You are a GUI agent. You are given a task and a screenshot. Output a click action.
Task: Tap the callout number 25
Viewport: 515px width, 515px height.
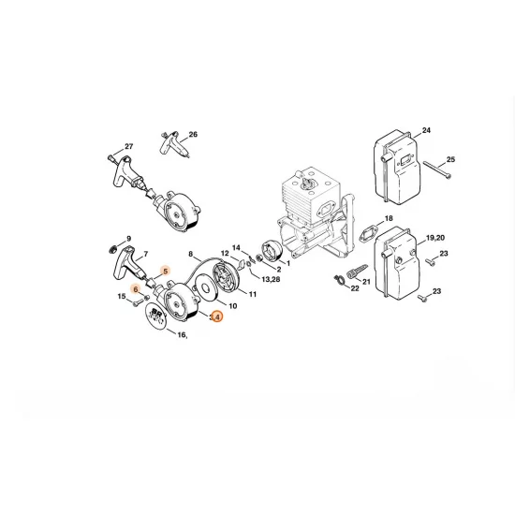point(449,160)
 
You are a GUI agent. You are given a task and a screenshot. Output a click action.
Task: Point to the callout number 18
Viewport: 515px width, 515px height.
point(389,217)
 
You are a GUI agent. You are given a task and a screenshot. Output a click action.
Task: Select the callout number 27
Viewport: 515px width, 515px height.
point(129,146)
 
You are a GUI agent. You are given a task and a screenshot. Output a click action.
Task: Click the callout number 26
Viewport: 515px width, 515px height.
point(193,134)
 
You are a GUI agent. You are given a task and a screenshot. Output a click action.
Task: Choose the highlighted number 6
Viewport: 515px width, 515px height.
point(136,289)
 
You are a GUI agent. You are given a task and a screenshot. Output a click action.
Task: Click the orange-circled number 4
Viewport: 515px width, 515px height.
point(217,317)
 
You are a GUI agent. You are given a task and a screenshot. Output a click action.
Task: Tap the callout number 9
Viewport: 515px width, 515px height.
point(129,239)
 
